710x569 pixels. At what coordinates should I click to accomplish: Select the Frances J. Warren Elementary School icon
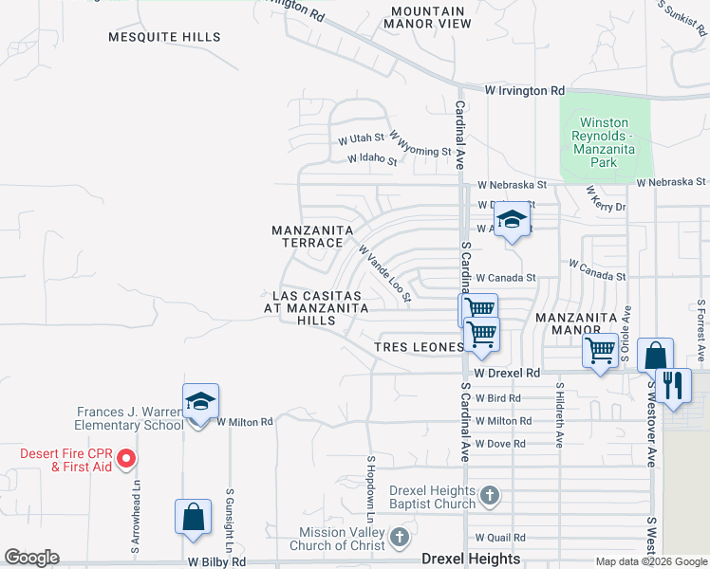[x=200, y=402]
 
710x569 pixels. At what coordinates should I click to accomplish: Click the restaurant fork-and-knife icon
[x=673, y=385]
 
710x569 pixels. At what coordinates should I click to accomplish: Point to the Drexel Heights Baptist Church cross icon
[x=489, y=496]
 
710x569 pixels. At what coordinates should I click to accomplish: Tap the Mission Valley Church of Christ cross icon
[x=400, y=539]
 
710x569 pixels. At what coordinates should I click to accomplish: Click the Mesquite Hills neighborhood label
[x=164, y=38]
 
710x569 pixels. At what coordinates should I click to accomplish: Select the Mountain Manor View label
[x=430, y=17]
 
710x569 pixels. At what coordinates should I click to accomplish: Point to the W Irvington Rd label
[x=524, y=91]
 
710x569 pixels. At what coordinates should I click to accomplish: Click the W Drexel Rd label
[x=508, y=374]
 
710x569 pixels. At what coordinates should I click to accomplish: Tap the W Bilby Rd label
[x=216, y=561]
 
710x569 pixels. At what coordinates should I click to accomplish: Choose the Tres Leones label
[x=419, y=347]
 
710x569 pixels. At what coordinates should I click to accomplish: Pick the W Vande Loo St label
[x=383, y=274]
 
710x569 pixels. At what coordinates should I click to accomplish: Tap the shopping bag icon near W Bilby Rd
[x=193, y=517]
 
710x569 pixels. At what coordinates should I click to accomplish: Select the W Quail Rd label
[x=499, y=537]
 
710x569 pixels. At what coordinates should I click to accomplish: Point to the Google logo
[x=32, y=558]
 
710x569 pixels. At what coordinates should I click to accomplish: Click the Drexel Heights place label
[x=472, y=560]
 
